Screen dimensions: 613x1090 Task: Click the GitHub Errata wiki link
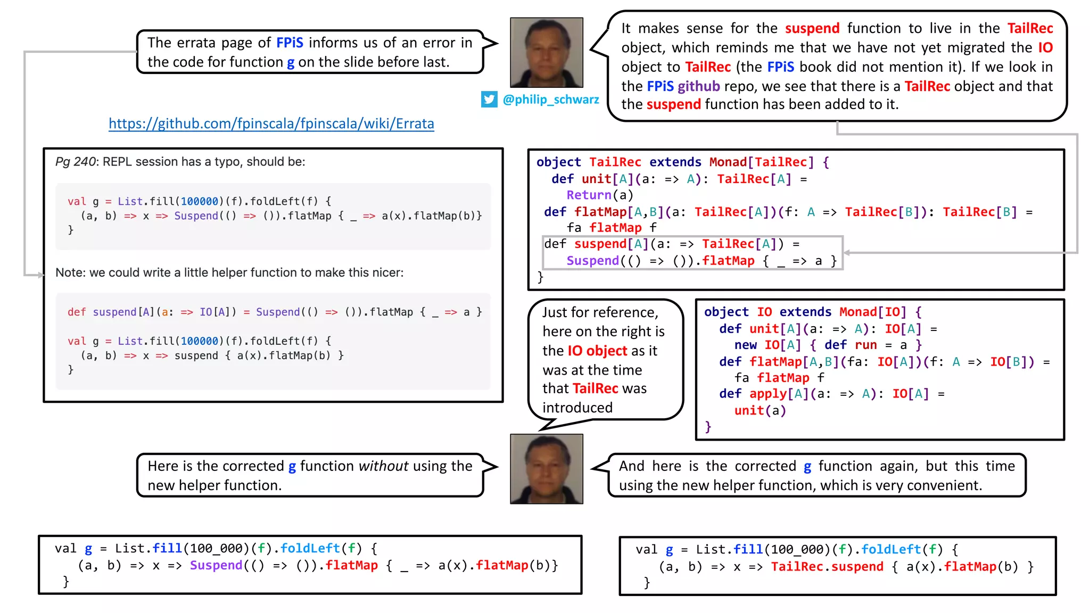point(271,123)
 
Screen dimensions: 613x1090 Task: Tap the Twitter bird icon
point(489,100)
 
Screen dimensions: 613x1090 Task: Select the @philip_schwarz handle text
point(551,100)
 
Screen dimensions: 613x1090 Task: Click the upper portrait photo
point(547,52)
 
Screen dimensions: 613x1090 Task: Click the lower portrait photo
point(547,469)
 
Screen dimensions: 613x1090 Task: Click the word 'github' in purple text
point(699,86)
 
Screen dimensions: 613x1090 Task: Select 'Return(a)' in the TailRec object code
point(600,195)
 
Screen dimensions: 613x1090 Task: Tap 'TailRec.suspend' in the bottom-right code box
point(827,567)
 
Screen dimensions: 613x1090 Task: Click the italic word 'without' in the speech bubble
point(384,466)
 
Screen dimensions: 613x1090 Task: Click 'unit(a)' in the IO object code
point(760,411)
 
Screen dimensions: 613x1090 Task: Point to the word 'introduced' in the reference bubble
point(577,408)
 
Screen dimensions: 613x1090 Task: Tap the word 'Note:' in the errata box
point(71,272)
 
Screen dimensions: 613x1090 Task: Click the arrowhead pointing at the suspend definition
point(847,253)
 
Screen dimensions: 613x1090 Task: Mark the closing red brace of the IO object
point(708,427)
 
